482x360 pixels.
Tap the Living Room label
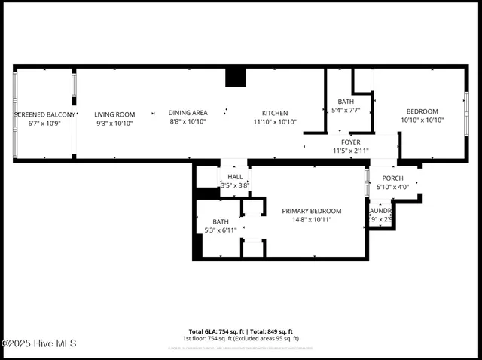pos(114,114)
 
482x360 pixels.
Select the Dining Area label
pos(188,113)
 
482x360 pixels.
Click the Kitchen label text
pos(275,113)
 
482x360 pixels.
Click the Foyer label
pos(350,142)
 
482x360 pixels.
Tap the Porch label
pos(392,178)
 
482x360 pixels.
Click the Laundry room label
pos(380,211)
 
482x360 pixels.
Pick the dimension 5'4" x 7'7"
pos(346,110)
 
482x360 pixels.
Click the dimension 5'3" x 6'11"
pos(221,230)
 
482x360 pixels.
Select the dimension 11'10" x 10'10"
pos(275,121)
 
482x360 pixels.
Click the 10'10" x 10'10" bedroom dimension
pos(422,120)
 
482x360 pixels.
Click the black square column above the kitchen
pos(236,77)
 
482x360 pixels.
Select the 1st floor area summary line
pos(240,339)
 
